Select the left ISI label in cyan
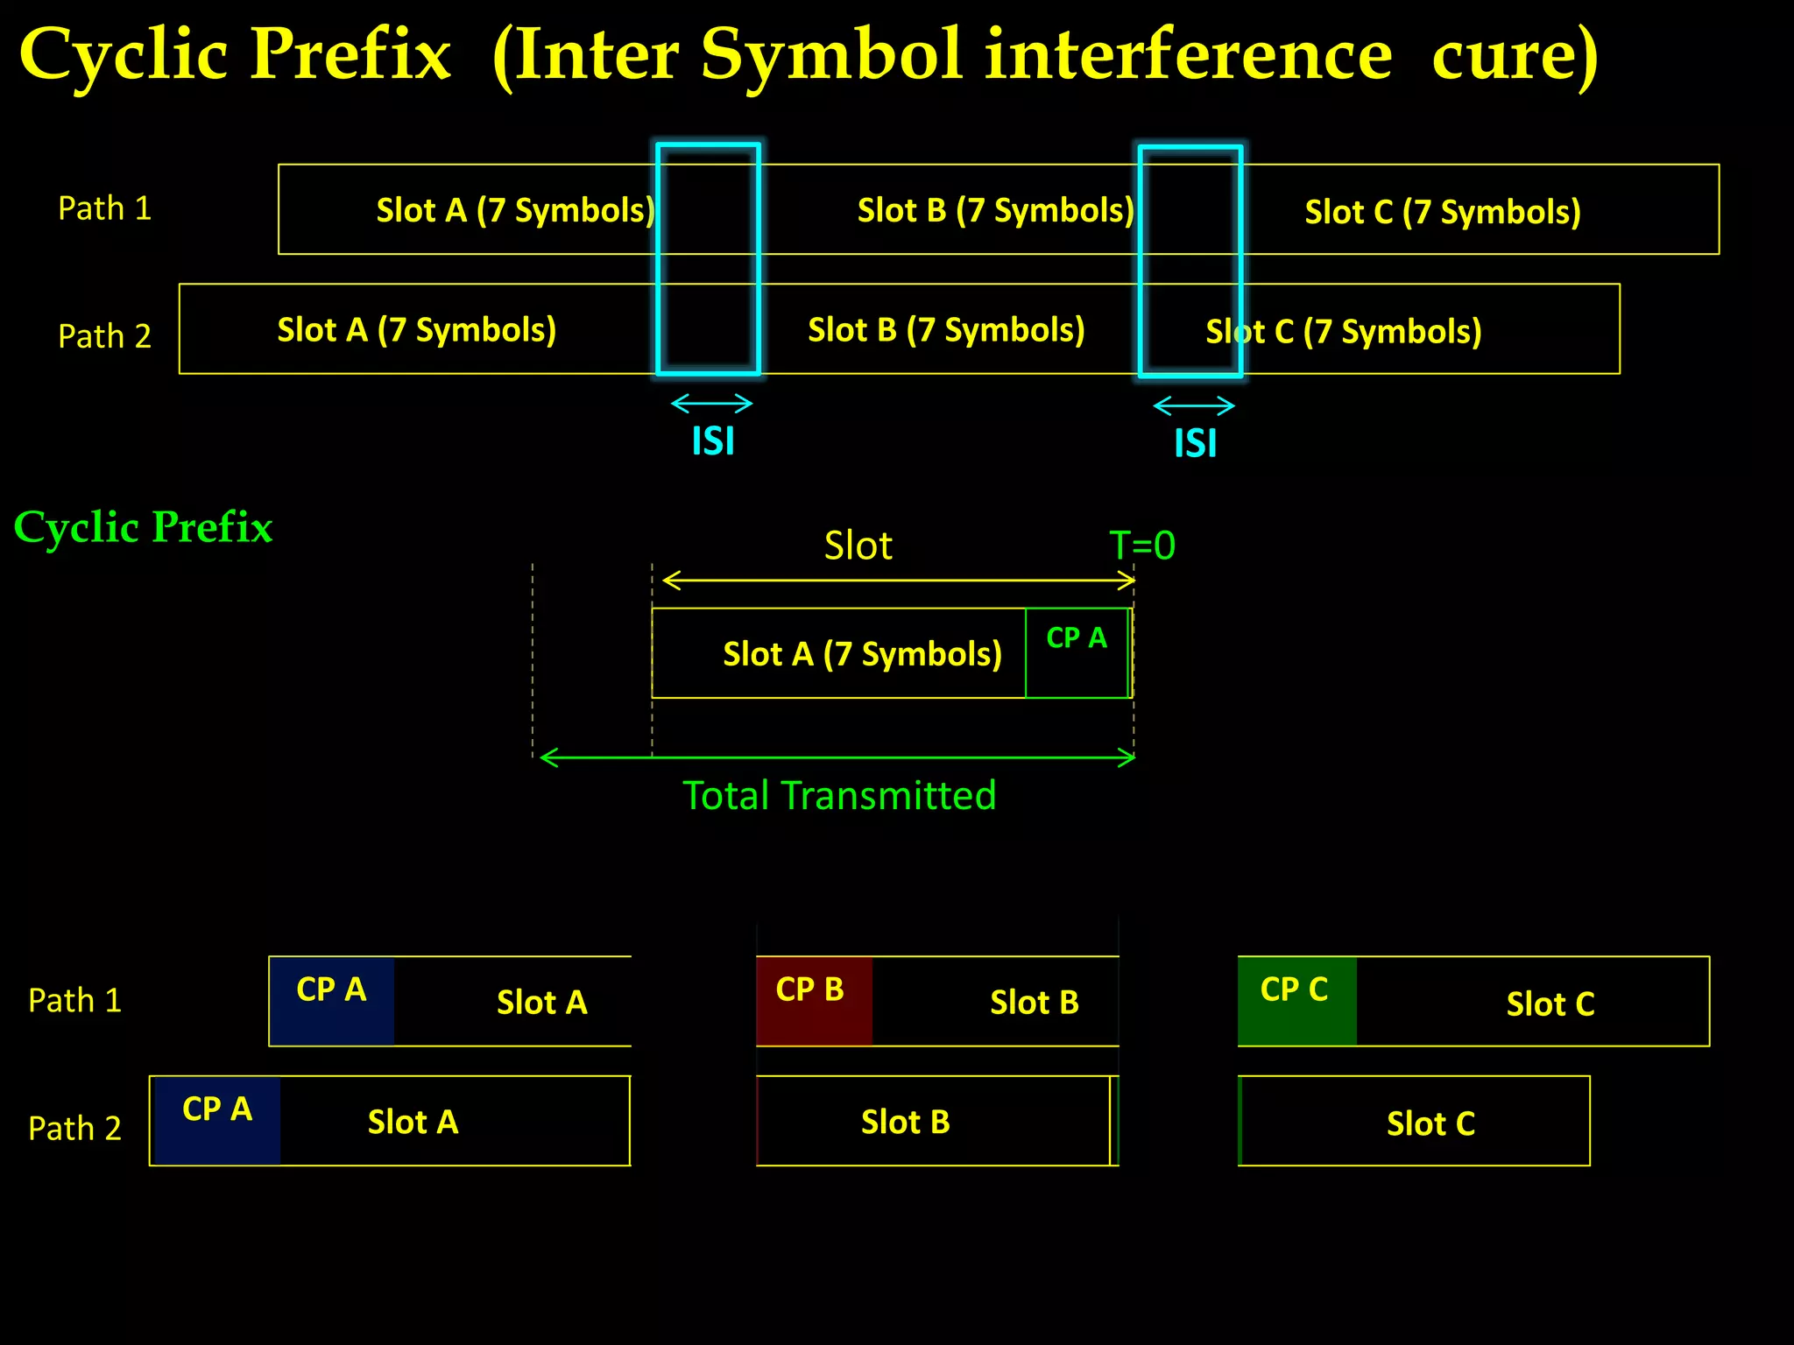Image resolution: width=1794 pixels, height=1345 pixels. [713, 440]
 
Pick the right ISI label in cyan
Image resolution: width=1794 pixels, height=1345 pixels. [1195, 443]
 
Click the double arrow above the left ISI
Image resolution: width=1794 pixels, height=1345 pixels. [711, 404]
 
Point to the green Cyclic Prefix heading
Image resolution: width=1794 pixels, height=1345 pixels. [144, 527]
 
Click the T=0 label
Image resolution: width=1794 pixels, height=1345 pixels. [1141, 546]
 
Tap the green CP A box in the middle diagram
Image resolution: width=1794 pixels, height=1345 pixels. [1077, 652]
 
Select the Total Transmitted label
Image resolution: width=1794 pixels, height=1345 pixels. [839, 796]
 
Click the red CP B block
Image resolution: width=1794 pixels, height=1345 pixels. [814, 1001]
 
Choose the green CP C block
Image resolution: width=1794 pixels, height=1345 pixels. [1296, 1001]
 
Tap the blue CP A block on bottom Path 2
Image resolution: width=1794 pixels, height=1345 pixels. [215, 1120]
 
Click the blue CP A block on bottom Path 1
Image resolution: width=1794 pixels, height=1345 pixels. [331, 1001]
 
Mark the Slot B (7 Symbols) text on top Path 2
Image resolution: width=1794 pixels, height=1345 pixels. [946, 330]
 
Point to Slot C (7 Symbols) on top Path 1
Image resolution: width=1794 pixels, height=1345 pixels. [1443, 212]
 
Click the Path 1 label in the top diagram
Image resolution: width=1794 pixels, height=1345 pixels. [104, 208]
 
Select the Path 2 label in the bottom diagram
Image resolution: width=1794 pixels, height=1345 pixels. [74, 1129]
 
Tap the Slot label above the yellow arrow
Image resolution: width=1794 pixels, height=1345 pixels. [858, 546]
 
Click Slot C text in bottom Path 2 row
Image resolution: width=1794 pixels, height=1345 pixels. [1430, 1123]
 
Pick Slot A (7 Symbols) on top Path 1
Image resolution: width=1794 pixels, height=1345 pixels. [515, 210]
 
